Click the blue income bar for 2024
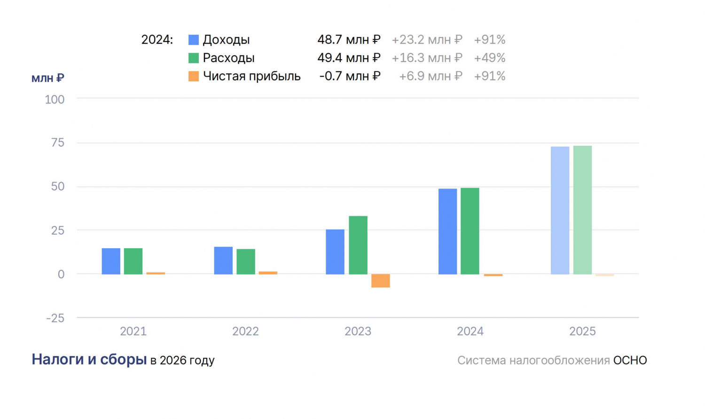(x=447, y=231)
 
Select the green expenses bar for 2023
(x=358, y=245)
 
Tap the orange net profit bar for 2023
(x=381, y=281)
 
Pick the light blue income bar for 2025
(x=560, y=211)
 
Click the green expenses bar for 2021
(x=133, y=261)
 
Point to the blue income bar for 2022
(x=223, y=261)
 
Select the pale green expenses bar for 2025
(x=583, y=210)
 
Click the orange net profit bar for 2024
(x=493, y=275)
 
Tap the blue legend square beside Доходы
(x=194, y=40)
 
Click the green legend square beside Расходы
(x=194, y=58)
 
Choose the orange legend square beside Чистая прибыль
(x=194, y=76)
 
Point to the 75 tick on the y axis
(x=58, y=143)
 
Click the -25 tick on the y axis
(x=55, y=318)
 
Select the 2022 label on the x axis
(x=245, y=332)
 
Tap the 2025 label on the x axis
(x=583, y=332)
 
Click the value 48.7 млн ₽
(x=349, y=40)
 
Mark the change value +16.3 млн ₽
(x=427, y=58)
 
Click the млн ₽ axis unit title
(x=48, y=78)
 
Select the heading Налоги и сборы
(x=89, y=359)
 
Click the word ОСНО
(x=630, y=360)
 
